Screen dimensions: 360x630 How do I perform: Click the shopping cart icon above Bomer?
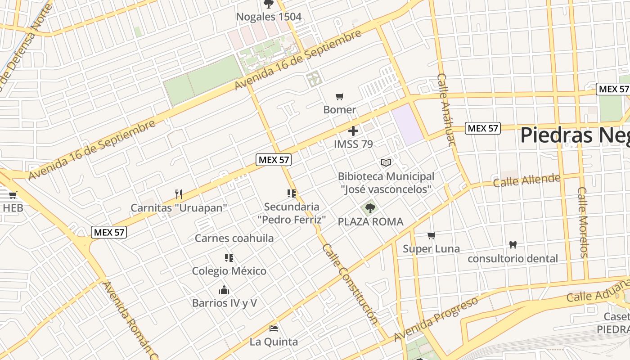click(340, 96)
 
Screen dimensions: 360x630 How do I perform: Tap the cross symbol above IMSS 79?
click(353, 131)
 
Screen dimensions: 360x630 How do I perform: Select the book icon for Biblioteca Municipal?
click(386, 162)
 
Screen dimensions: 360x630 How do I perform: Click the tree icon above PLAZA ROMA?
click(370, 208)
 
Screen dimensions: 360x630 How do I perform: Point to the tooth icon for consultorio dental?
click(513, 245)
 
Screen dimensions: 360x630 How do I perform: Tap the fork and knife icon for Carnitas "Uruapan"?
click(179, 194)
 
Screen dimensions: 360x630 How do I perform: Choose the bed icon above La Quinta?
click(273, 328)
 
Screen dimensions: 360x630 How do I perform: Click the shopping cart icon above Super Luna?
click(431, 235)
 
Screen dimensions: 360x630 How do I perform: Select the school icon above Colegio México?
click(229, 258)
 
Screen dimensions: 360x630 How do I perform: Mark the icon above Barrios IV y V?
click(224, 289)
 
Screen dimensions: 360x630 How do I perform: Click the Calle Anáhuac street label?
click(446, 110)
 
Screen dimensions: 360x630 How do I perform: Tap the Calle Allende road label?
click(526, 180)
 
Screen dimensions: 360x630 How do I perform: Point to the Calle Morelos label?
click(583, 222)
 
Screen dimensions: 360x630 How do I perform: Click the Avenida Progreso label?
click(436, 319)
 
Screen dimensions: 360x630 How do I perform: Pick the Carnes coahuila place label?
click(234, 238)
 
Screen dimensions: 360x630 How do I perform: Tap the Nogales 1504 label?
click(269, 17)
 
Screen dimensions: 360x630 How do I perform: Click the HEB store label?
click(13, 208)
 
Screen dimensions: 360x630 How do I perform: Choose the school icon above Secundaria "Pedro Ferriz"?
click(292, 193)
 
